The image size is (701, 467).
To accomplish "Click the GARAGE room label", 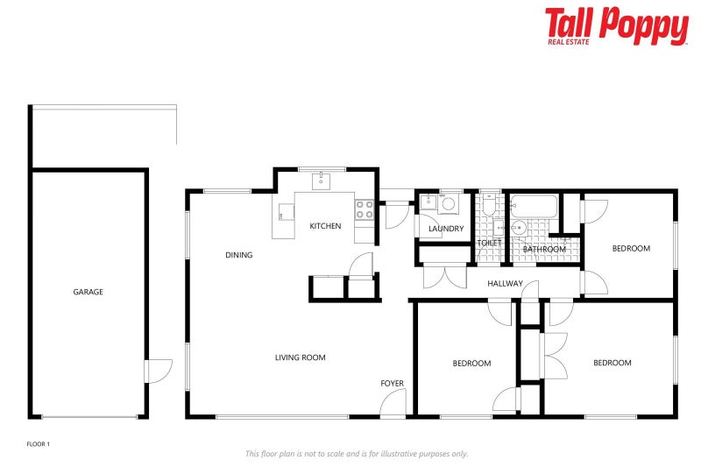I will tap(88, 292).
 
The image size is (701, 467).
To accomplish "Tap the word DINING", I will tap(238, 255).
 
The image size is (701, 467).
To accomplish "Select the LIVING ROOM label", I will tap(301, 357).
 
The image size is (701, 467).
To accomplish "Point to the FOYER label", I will tap(392, 384).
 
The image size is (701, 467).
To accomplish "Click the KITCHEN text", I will tap(325, 226).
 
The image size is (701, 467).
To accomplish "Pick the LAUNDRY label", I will tap(446, 229).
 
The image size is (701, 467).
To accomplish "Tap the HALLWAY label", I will tap(506, 283).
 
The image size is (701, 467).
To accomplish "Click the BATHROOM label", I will tap(544, 249).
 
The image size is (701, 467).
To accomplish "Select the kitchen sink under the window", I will tap(321, 180).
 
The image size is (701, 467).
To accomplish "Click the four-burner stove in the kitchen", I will tap(365, 209).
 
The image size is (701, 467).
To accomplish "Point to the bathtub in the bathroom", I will tap(534, 207).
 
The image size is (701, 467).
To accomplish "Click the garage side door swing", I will tap(156, 371).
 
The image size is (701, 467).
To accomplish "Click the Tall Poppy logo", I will tap(616, 25).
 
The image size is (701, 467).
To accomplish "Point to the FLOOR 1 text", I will tap(39, 444).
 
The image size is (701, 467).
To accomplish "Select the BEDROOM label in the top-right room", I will tap(631, 248).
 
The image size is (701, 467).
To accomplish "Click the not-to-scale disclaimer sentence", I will tap(357, 454).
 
